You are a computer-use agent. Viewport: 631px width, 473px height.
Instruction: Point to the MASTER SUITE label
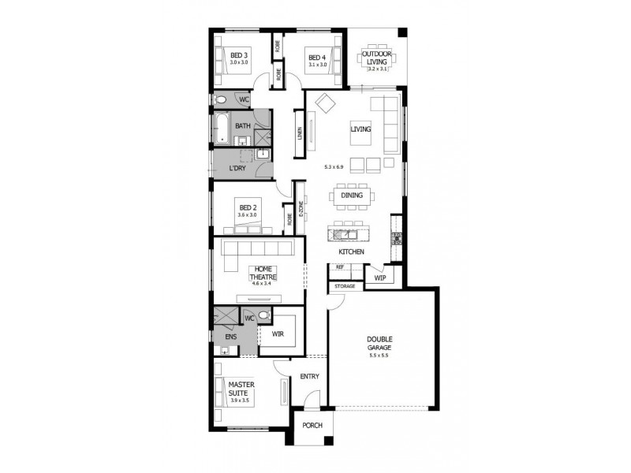coord(240,389)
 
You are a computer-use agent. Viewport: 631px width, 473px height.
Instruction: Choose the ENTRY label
coord(309,376)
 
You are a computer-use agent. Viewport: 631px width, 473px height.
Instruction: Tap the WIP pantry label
coord(379,278)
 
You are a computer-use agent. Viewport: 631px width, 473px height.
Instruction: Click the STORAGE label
coord(345,286)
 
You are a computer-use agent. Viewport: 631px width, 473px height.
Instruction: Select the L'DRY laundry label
coord(237,168)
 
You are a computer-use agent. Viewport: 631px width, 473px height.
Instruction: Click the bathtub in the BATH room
coord(222,129)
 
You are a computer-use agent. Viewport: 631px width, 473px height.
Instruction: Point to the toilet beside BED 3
coord(222,100)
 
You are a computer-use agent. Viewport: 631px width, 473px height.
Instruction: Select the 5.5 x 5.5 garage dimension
coord(379,356)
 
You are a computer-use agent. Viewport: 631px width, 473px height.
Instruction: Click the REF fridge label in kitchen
coord(340,267)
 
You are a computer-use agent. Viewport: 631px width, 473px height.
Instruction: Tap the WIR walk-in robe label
coord(277,333)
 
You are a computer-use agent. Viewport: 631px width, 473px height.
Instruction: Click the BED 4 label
coord(316,57)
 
